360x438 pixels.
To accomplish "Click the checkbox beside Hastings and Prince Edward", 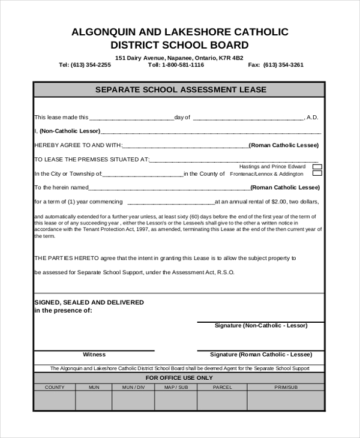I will [317, 167].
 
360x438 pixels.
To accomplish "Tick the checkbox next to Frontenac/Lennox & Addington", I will [317, 173].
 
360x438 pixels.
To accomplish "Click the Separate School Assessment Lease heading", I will [181, 90].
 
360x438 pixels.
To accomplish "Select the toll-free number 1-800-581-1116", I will [179, 65].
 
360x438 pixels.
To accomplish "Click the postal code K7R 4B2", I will [231, 58].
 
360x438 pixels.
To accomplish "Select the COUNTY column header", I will [55, 387].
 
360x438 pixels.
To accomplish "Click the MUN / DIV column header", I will [133, 387].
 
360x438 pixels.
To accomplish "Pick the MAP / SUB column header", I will [176, 387].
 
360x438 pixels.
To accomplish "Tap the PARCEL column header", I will [222, 387].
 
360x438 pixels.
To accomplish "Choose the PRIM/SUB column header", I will [286, 387].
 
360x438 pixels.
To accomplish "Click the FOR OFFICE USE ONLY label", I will [179, 378].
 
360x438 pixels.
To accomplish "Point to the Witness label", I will [94, 355].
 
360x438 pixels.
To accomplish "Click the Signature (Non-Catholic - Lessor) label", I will [261, 326].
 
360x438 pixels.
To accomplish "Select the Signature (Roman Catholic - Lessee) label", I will [261, 355].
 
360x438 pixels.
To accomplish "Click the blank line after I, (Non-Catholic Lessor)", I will [210, 132].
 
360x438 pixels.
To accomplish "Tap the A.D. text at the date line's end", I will [313, 118].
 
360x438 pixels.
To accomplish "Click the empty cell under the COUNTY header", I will [55, 400].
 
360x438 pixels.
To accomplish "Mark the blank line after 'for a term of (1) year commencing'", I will [171, 203].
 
